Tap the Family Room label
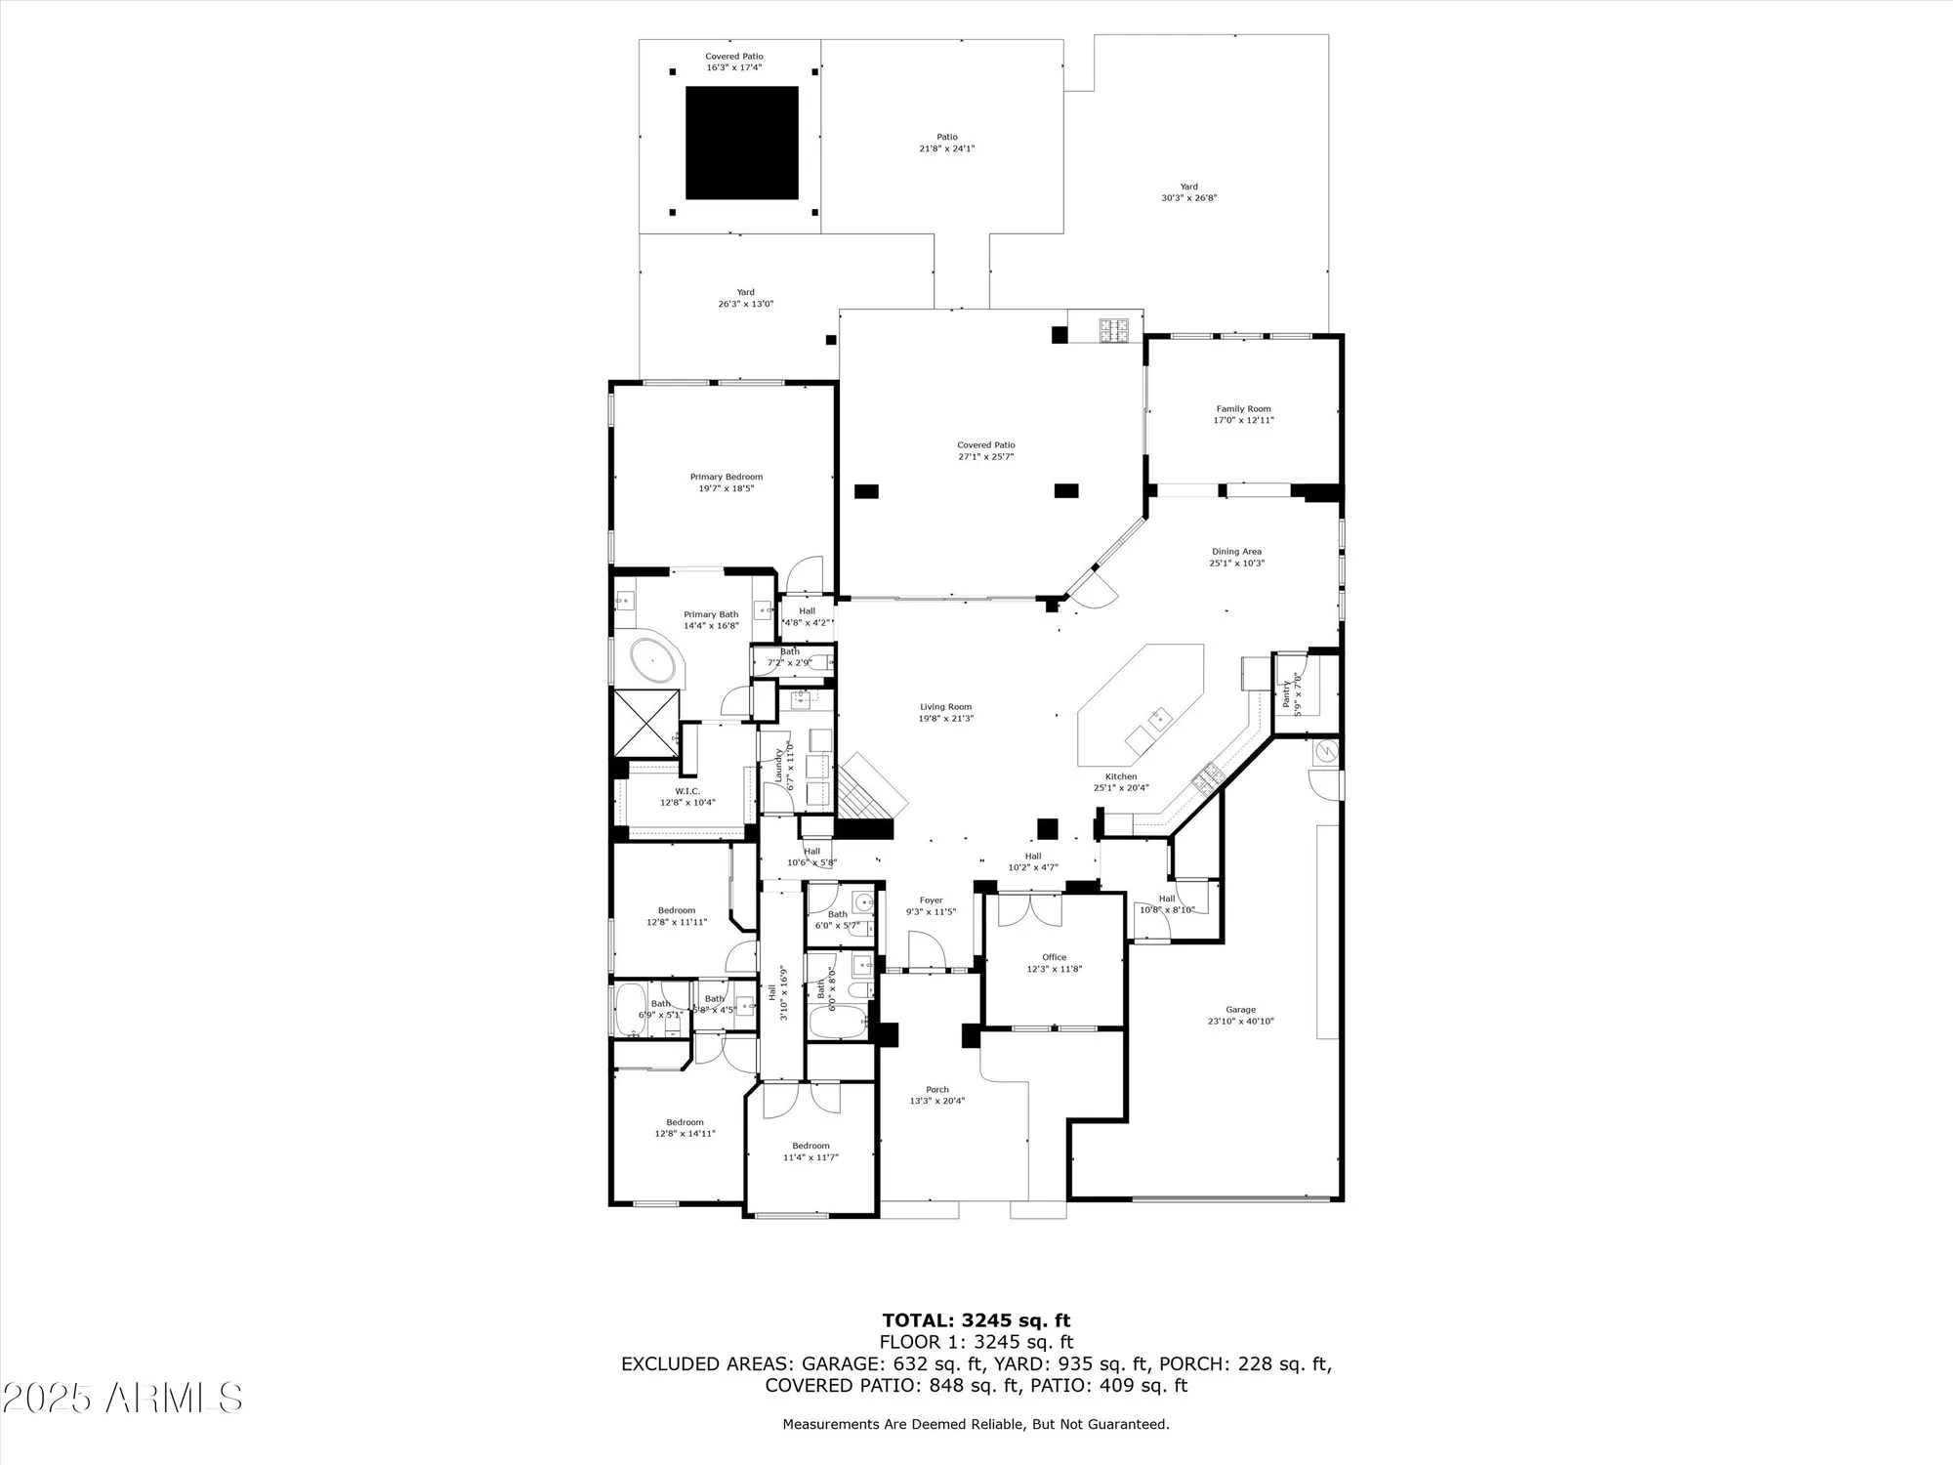1243,409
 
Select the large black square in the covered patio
741,143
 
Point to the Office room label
1054,957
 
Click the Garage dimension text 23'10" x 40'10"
1240,1022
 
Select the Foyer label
931,900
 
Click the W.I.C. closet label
687,791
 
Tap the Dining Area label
1236,552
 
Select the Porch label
936,1090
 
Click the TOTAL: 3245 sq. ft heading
976,1321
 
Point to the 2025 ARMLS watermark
121,1398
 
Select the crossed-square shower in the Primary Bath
644,723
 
